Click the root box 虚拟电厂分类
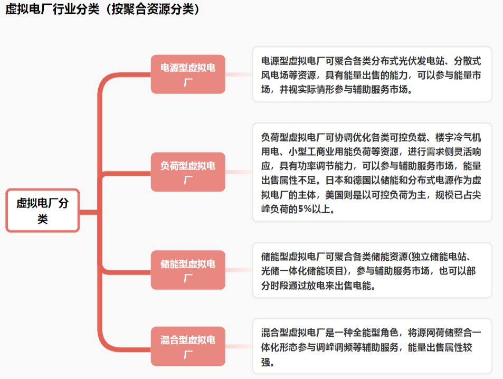pos(42,210)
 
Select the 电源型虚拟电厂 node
pos(188,74)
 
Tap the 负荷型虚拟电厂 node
pos(188,172)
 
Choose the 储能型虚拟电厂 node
pos(188,270)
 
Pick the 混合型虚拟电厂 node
pos(188,346)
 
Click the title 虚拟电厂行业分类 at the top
pos(52,9)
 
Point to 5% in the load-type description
pos(305,209)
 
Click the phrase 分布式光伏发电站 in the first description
pos(408,61)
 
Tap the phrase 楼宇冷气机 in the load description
pos(458,137)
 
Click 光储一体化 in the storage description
pos(284,271)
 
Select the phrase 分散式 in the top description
pos(468,61)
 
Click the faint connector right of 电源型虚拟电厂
pos(239,74)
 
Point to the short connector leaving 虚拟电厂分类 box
pos(89,212)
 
